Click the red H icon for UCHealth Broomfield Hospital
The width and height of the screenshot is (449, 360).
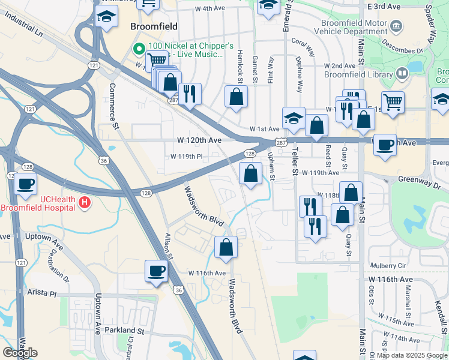85,202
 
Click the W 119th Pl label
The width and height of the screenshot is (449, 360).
186,157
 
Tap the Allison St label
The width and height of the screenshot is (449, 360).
169,246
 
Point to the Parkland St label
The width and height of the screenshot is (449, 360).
124,331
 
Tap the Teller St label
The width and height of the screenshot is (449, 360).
294,163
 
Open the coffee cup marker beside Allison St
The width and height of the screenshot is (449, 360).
156,271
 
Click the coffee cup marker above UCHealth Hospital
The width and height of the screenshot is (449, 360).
25,184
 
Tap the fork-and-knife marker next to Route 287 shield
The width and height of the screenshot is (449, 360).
190,93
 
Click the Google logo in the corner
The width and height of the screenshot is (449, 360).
20,353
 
